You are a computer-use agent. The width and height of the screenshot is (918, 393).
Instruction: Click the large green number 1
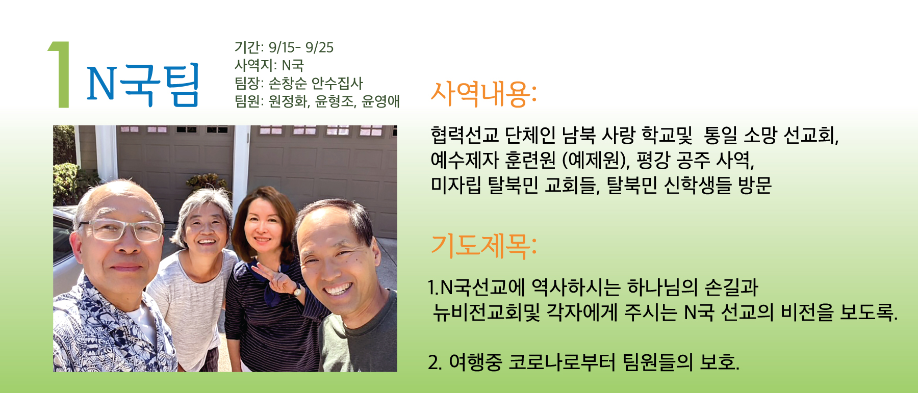60,74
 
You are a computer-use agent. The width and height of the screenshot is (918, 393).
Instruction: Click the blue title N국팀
143,85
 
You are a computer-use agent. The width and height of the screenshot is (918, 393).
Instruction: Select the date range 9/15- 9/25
301,47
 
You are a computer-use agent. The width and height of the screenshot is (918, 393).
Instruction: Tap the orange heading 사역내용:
483,94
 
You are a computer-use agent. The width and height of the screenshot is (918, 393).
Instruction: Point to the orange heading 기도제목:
483,246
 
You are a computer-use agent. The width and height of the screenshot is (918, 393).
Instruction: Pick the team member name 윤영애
380,101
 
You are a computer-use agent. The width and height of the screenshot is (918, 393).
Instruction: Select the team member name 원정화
288,101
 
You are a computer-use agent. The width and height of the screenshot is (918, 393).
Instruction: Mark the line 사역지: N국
269,65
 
